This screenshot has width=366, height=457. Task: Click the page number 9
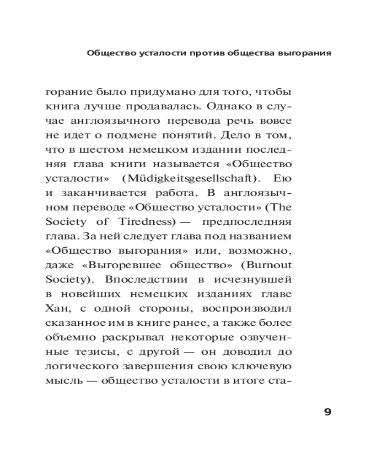(x=327, y=412)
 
